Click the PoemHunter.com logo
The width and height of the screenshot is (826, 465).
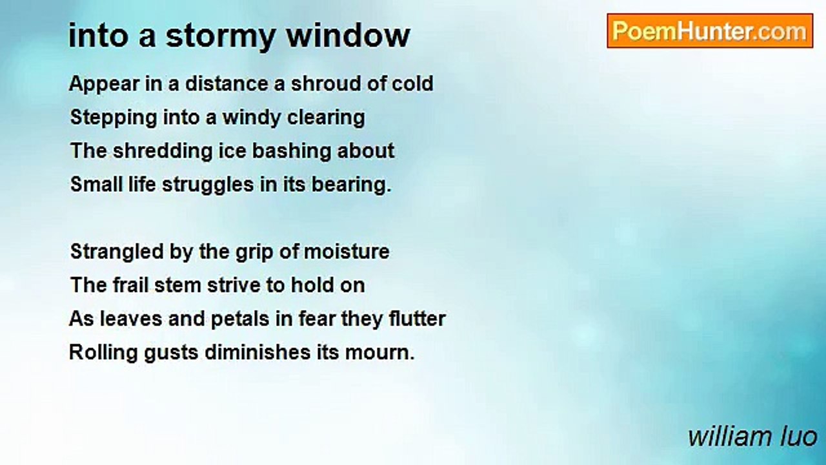(x=710, y=31)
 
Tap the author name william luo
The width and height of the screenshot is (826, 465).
(x=752, y=437)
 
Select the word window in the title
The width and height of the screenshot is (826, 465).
(x=348, y=36)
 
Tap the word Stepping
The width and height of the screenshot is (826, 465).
(x=114, y=118)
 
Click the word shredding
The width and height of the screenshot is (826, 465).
(x=163, y=152)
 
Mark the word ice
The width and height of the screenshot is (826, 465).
(x=232, y=151)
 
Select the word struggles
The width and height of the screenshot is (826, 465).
(x=208, y=185)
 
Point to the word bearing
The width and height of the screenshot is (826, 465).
(x=351, y=185)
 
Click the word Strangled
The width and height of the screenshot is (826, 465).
(x=117, y=253)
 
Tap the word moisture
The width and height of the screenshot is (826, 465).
(x=347, y=252)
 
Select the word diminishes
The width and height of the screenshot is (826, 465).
(x=257, y=353)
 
